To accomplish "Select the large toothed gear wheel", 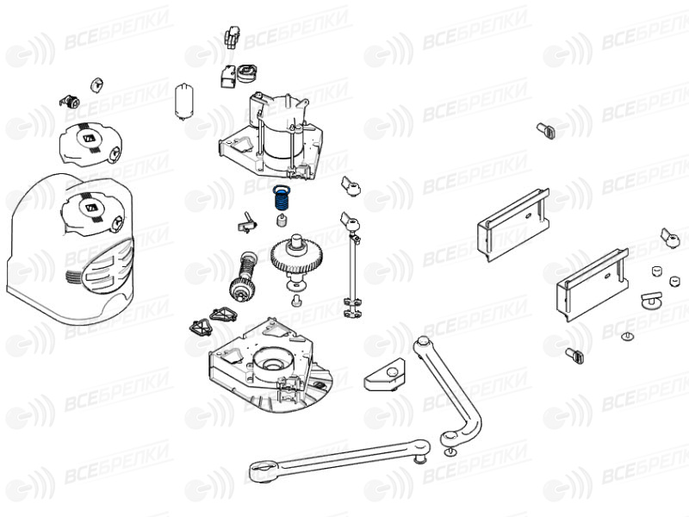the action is click(x=296, y=257).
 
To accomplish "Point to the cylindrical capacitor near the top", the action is click(x=184, y=101).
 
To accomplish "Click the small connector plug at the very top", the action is click(x=232, y=36).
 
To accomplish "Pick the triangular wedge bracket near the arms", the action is click(x=384, y=375).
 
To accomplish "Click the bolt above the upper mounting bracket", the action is click(x=546, y=131).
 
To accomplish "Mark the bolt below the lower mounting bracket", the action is click(x=574, y=355).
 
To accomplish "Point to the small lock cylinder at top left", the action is click(x=71, y=102).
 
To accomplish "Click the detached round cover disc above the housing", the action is click(x=90, y=144).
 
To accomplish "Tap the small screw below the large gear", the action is click(x=296, y=301).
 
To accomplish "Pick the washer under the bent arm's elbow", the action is click(x=450, y=452).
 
